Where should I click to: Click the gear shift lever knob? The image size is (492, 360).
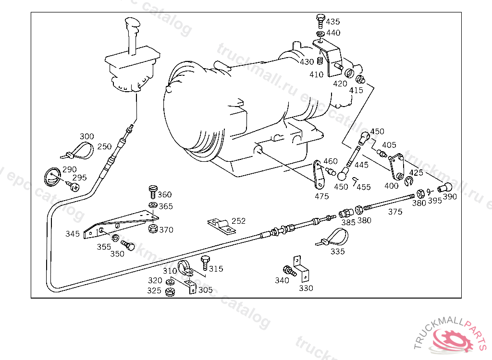click(x=133, y=25)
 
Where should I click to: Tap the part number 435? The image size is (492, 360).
click(x=332, y=22)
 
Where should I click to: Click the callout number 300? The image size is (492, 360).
click(x=87, y=137)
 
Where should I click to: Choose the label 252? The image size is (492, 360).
click(x=238, y=221)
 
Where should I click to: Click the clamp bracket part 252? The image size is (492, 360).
click(x=220, y=225)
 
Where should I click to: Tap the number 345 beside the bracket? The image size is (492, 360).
click(x=73, y=234)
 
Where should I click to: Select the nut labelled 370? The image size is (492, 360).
click(x=153, y=228)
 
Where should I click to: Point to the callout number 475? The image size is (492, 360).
click(x=322, y=196)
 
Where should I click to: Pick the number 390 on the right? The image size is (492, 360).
click(x=450, y=196)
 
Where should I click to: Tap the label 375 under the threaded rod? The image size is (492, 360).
click(x=395, y=212)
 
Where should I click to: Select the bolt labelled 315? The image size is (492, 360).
click(x=205, y=263)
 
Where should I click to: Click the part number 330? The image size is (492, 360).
click(x=306, y=288)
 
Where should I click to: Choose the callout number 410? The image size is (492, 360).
click(x=316, y=74)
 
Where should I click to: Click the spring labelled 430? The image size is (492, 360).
click(x=319, y=61)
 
